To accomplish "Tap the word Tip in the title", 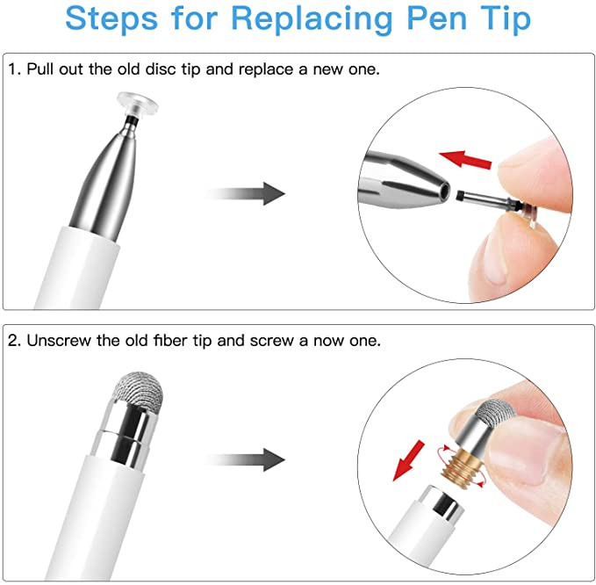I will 501,19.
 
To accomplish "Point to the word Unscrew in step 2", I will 56,340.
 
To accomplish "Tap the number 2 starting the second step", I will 13,340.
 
